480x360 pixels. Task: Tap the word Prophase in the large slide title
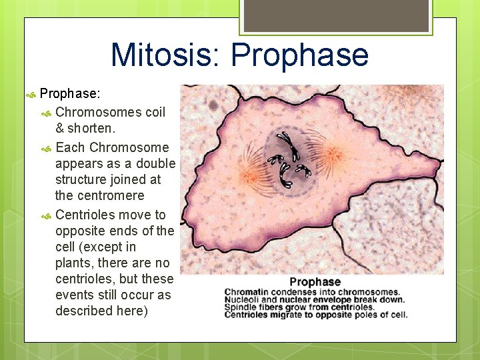(300, 55)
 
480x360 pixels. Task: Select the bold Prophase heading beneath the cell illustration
(315, 282)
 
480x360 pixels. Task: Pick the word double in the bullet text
(156, 163)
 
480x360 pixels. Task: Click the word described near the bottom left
(83, 311)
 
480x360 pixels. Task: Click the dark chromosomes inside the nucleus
(287, 160)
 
